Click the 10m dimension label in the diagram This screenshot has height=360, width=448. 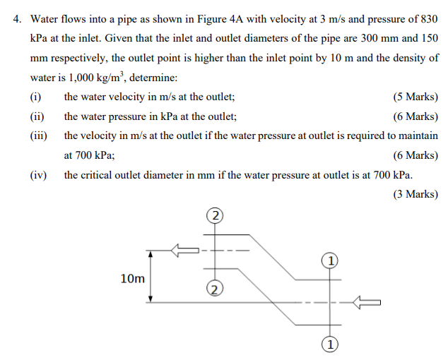tap(133, 279)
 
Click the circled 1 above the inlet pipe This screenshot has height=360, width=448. tap(329, 260)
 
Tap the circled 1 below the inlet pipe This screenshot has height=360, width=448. tap(329, 345)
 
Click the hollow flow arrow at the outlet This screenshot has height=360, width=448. tap(185, 250)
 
